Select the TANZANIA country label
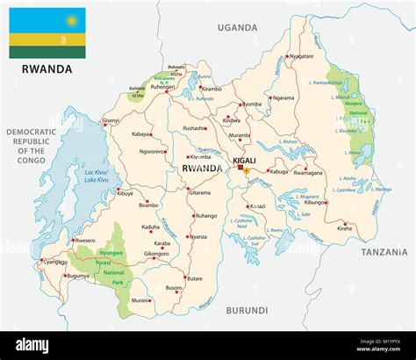(384, 251)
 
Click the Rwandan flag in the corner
(47, 32)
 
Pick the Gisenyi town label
(111, 119)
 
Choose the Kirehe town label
(344, 227)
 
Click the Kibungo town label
(315, 201)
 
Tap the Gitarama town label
(200, 191)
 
